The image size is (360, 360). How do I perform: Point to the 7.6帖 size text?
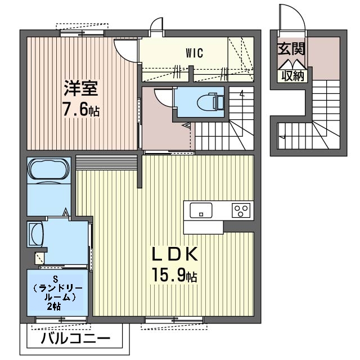coord(81,109)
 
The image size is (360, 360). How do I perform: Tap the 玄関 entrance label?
coord(291,49)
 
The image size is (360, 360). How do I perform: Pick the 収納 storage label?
coord(291,75)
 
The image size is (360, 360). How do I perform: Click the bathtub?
coord(48,170)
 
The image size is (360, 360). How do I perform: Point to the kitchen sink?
coord(201,211)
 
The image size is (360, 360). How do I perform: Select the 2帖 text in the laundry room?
coord(54,307)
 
